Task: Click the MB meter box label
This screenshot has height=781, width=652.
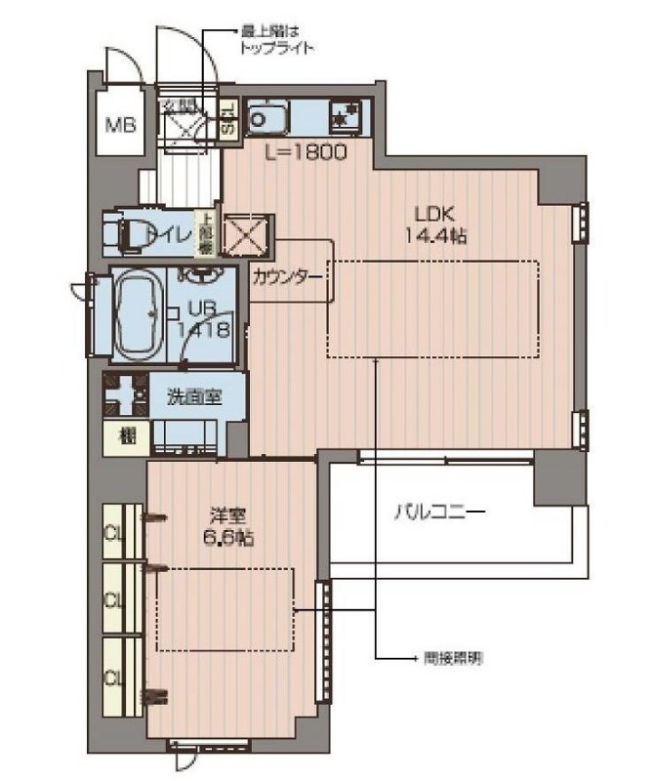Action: (x=119, y=124)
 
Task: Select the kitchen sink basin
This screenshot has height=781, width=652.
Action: (x=265, y=119)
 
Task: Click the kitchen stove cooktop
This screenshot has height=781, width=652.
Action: (x=345, y=118)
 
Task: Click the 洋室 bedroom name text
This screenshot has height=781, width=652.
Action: (x=226, y=514)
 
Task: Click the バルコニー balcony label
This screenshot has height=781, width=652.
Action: (x=439, y=511)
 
